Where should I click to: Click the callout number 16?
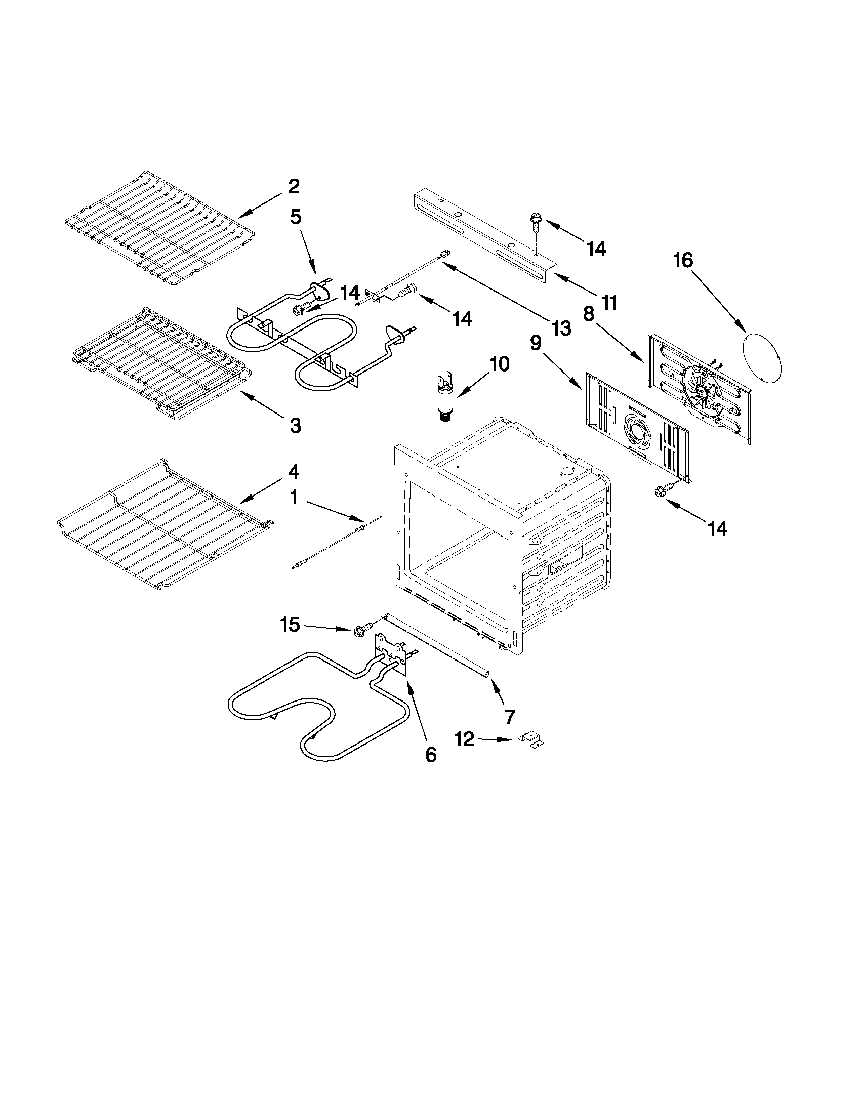(683, 261)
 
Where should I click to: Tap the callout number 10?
(500, 364)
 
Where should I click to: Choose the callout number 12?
(465, 739)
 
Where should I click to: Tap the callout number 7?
(510, 717)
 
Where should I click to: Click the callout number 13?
(561, 328)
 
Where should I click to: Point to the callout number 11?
(608, 303)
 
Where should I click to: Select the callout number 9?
(536, 343)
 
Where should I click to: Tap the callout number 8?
(588, 314)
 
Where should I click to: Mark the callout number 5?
(295, 217)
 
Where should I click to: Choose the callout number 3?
(295, 425)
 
